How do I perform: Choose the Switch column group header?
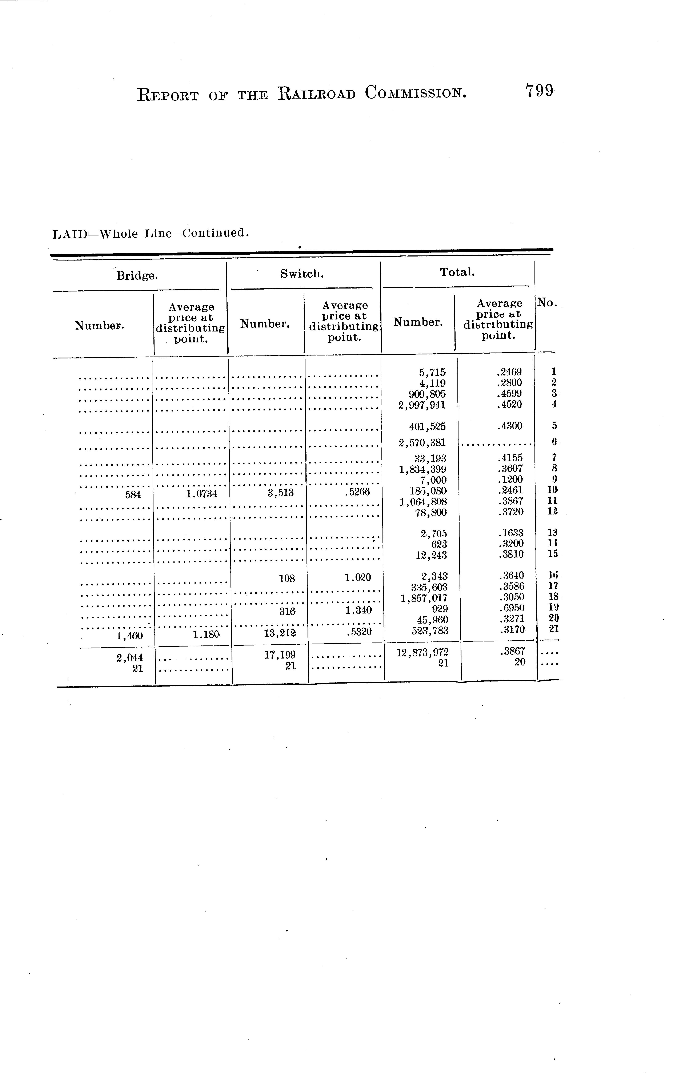tap(302, 274)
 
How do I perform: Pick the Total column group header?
tap(457, 272)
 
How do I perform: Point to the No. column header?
tap(547, 303)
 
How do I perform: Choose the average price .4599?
tap(509, 394)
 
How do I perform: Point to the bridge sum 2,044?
tap(130, 657)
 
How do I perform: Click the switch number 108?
tap(287, 578)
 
